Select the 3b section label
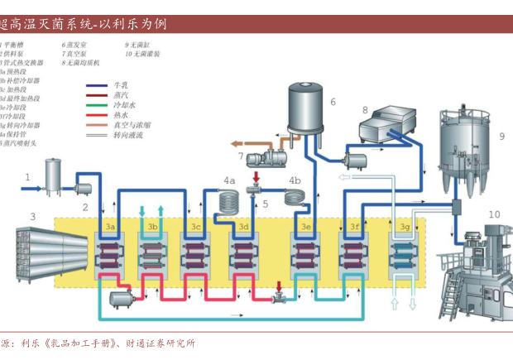coord(153,226)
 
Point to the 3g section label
coord(405,226)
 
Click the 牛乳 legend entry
coord(121,85)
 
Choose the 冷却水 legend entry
coord(123,105)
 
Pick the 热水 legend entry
coord(121,115)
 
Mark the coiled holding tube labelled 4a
coord(228,199)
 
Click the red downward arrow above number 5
coord(256,178)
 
